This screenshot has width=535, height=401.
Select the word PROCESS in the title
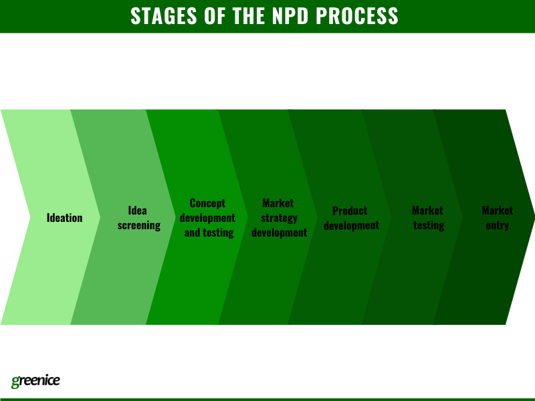(x=362, y=16)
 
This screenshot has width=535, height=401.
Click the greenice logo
(x=35, y=381)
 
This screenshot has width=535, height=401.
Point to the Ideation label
(x=65, y=218)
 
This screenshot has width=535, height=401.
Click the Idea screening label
(x=138, y=218)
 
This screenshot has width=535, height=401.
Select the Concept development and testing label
(x=208, y=218)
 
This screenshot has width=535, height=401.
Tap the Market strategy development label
(x=278, y=218)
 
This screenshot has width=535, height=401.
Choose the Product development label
(x=350, y=218)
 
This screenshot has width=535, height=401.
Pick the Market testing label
(x=428, y=218)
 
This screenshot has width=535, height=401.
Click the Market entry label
(x=498, y=218)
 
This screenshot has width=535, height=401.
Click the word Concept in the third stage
(x=208, y=203)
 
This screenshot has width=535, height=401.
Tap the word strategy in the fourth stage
(x=279, y=218)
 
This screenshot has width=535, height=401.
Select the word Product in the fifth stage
(x=350, y=211)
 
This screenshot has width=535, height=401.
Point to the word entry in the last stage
(x=498, y=225)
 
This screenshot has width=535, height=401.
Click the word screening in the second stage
(x=138, y=225)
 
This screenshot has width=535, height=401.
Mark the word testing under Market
(x=428, y=225)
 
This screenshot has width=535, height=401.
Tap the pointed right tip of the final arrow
(x=532, y=217)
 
